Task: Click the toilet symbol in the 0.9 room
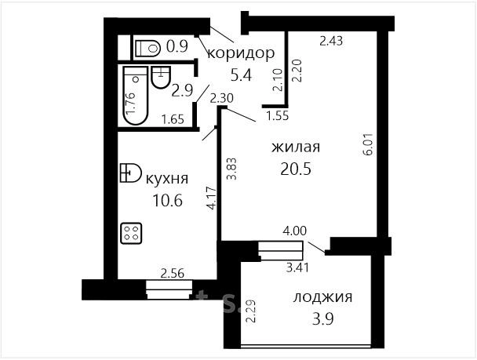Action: (147, 48)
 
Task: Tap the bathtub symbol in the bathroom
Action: (136, 96)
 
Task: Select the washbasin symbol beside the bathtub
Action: (161, 77)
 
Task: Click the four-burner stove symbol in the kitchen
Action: (131, 234)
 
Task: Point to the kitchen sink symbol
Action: (130, 173)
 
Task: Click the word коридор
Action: (241, 53)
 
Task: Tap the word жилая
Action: (296, 147)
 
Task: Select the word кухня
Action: (167, 179)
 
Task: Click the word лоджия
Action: (322, 297)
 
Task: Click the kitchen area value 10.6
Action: (167, 200)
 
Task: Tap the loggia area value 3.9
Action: (323, 319)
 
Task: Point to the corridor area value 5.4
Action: (241, 75)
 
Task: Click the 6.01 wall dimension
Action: (368, 144)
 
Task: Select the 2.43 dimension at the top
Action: (331, 41)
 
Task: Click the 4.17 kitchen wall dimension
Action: (212, 198)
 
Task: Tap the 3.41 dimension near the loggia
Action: (297, 267)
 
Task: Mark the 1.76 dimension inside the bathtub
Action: (132, 104)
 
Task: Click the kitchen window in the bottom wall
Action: (169, 289)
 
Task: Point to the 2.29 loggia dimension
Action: (251, 311)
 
